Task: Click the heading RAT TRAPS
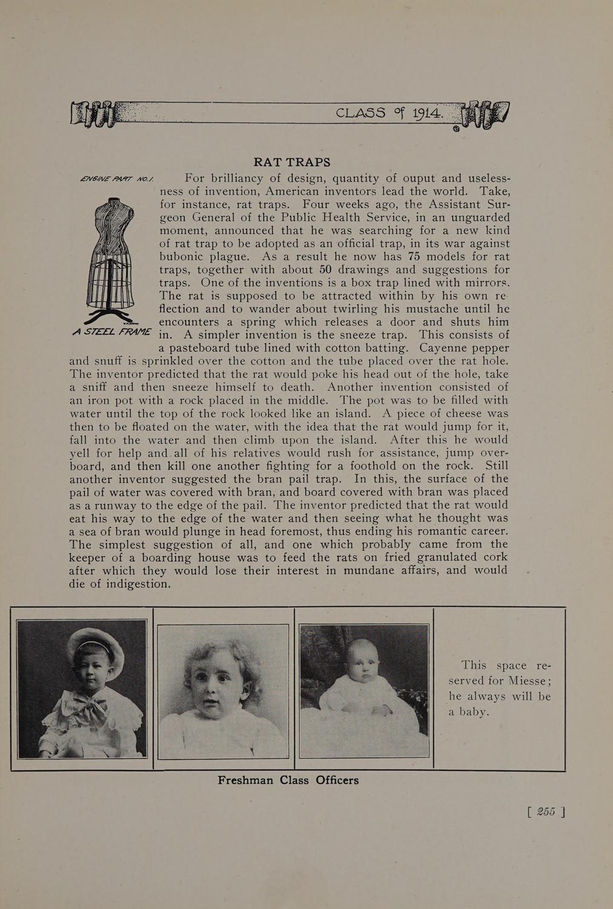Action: tap(292, 162)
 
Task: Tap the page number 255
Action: tap(546, 812)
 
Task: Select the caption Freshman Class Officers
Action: tap(288, 781)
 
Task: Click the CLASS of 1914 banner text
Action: tap(390, 113)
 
